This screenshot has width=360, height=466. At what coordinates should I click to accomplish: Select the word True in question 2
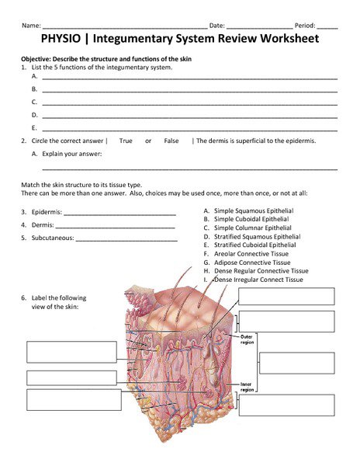pyautogui.click(x=126, y=141)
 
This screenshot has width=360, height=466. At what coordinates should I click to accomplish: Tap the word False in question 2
pyautogui.click(x=171, y=141)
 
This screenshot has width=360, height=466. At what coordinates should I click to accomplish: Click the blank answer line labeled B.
pyautogui.click(x=189, y=91)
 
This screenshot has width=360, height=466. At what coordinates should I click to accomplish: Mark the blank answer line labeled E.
pyautogui.click(x=189, y=128)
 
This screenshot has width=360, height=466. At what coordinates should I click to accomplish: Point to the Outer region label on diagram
pyautogui.click(x=247, y=339)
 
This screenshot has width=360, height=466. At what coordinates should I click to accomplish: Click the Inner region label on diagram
pyautogui.click(x=247, y=387)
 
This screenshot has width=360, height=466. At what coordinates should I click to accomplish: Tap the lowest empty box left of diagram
pyautogui.click(x=74, y=399)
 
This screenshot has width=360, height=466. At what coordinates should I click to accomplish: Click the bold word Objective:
pyautogui.click(x=37, y=59)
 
